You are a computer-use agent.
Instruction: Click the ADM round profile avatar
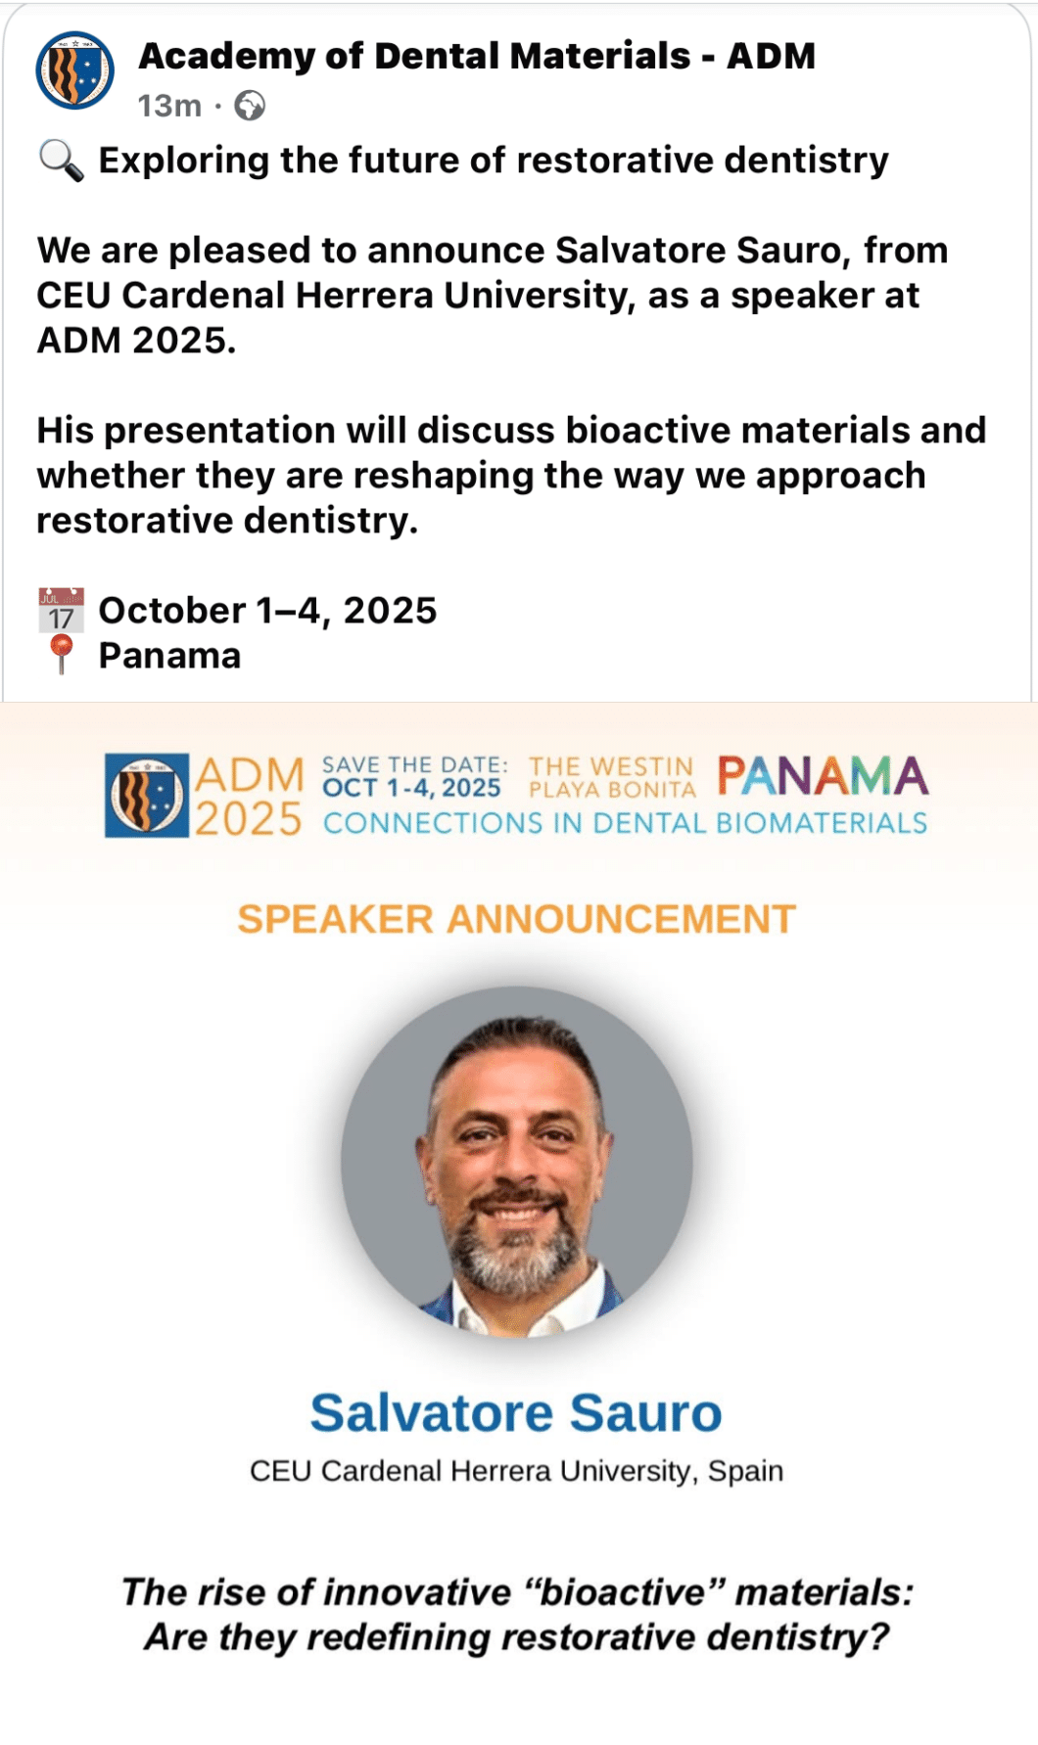75,70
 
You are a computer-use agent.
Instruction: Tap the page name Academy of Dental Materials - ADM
477,56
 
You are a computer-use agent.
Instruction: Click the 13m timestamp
169,105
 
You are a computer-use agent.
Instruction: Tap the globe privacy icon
250,105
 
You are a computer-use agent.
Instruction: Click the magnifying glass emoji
61,161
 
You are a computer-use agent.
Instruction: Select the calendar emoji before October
61,610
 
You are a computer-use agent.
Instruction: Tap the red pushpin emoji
61,654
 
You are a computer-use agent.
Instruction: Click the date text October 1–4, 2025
267,610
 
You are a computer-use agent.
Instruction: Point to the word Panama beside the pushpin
169,656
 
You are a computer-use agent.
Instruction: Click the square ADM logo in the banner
147,795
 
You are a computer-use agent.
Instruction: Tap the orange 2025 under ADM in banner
249,819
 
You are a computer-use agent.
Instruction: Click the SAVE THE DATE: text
415,764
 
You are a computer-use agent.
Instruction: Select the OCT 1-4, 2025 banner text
412,788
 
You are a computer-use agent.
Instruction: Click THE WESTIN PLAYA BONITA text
612,777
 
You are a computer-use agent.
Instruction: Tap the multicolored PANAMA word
823,776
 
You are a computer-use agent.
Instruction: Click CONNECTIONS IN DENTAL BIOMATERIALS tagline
625,823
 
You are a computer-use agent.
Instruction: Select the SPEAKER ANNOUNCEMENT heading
516,919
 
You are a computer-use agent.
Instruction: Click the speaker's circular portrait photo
517,1162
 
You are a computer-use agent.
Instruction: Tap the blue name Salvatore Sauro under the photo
516,1412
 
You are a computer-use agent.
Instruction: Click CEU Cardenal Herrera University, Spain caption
516,1471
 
